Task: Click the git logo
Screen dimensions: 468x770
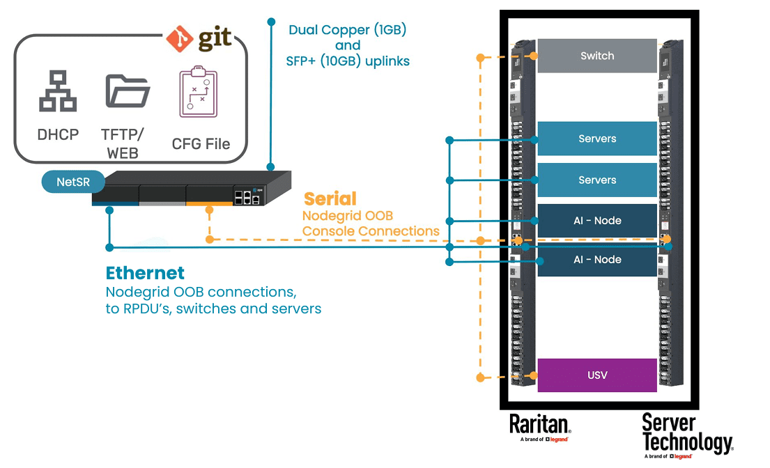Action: [x=199, y=38]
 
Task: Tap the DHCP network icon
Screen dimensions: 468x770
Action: [x=58, y=91]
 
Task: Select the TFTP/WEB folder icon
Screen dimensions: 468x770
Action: [x=128, y=91]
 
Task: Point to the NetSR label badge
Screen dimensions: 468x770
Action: [x=72, y=183]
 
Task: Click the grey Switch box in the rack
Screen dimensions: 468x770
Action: [x=597, y=56]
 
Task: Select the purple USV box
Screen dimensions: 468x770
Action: [x=597, y=375]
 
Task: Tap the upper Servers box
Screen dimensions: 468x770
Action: [x=597, y=139]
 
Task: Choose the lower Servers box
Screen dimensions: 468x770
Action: [x=597, y=180]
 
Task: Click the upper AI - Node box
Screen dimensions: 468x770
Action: [x=597, y=221]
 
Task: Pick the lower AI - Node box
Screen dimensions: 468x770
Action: [x=597, y=259]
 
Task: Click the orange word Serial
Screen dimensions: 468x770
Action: [x=330, y=198]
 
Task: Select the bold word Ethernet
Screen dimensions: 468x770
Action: [x=145, y=273]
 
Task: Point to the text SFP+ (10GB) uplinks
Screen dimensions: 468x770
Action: [x=348, y=61]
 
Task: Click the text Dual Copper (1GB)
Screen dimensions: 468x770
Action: [x=348, y=30]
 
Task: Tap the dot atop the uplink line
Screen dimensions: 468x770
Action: [x=271, y=22]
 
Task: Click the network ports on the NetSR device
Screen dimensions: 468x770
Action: [x=247, y=196]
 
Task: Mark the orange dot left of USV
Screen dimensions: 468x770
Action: [x=480, y=377]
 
